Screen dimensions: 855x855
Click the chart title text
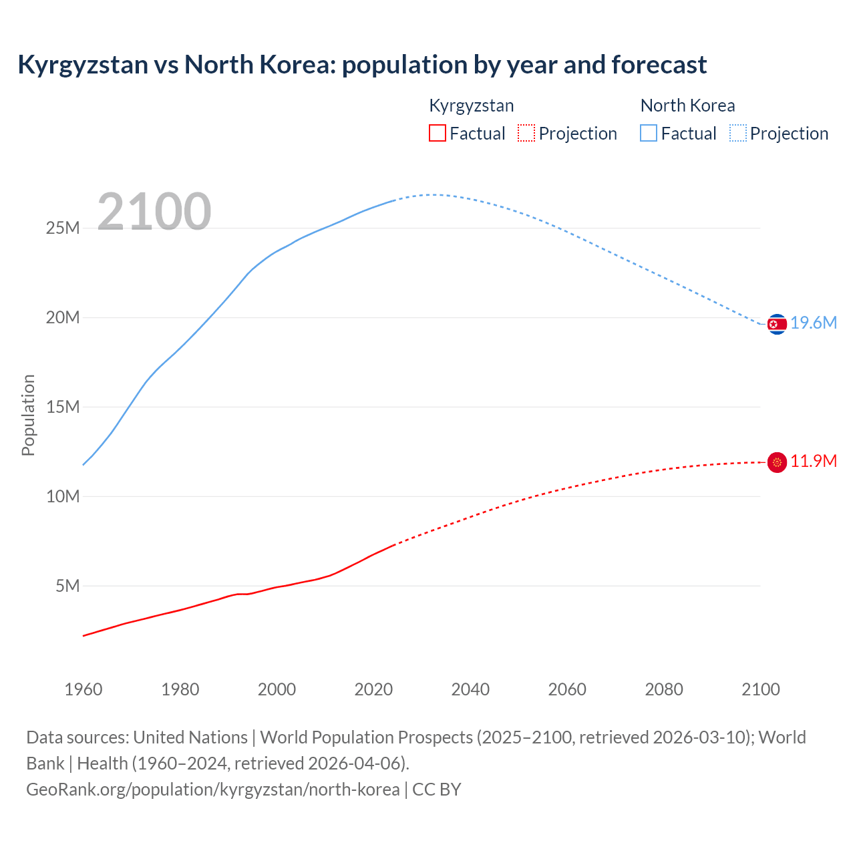point(361,65)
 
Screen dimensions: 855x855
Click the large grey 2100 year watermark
point(154,212)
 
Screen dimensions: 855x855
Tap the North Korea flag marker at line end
point(777,324)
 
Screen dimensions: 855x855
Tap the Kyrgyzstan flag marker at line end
point(777,462)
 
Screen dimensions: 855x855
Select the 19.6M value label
point(814,323)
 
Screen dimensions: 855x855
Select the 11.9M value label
point(814,462)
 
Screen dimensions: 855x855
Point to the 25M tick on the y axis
point(63,228)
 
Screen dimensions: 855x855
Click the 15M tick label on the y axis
point(63,407)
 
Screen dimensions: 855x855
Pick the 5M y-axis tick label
point(67,586)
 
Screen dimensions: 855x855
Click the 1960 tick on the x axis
point(83,689)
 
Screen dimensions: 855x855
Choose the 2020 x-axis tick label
point(373,689)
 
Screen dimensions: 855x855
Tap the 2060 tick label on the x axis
point(567,689)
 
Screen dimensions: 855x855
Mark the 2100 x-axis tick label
point(760,689)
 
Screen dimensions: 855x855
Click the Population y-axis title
point(28,415)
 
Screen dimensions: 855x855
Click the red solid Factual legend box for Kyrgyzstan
point(438,134)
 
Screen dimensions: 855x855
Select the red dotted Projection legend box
point(526,134)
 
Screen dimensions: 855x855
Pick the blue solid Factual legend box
point(649,134)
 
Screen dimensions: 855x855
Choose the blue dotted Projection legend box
point(738,134)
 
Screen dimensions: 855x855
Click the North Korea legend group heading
point(687,106)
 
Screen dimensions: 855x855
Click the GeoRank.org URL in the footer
point(213,790)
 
